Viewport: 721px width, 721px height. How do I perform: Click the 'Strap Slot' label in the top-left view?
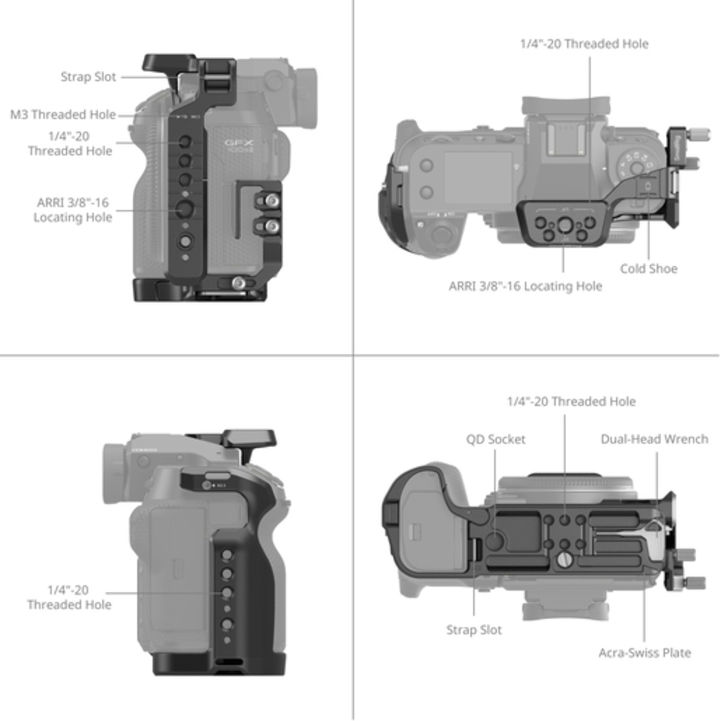88,77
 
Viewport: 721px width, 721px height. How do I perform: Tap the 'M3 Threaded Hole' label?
63,115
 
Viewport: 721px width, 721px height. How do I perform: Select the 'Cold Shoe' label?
648,269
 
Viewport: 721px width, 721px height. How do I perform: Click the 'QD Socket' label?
496,439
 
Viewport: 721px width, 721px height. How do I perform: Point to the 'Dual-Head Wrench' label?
654,439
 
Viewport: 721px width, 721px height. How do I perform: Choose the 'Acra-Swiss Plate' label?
645,653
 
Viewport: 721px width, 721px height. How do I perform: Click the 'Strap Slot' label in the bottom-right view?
474,630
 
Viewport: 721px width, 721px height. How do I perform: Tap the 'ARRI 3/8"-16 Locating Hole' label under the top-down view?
525,286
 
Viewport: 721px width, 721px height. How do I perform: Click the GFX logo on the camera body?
239,144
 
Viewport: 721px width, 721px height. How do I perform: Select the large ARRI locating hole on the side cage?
184,209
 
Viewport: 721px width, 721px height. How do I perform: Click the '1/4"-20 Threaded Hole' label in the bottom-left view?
69,597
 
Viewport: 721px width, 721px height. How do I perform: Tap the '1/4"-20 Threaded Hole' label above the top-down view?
584,44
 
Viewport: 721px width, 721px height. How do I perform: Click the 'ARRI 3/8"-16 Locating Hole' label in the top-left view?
72,210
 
